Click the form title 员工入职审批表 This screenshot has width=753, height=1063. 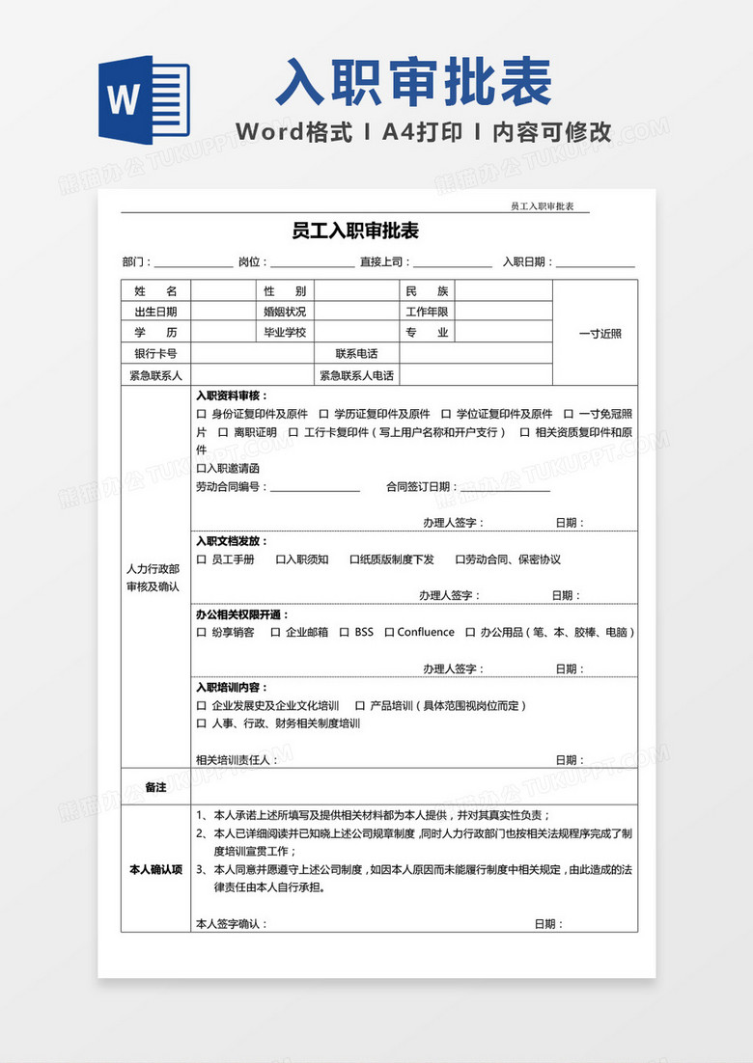click(x=354, y=232)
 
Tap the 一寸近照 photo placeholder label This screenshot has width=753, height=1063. click(x=600, y=334)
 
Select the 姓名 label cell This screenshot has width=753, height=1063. click(x=155, y=290)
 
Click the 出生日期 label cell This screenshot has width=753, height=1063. click(x=155, y=312)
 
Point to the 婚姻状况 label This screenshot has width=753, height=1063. click(x=285, y=312)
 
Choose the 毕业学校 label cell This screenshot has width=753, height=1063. click(x=285, y=333)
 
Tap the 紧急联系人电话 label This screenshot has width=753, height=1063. click(x=356, y=375)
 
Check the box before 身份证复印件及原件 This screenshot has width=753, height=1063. click(x=201, y=415)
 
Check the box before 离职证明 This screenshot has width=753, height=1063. click(x=222, y=433)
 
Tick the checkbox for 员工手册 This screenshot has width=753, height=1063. click(x=201, y=559)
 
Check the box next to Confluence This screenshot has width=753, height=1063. click(x=389, y=633)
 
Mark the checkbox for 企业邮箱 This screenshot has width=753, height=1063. click(x=275, y=633)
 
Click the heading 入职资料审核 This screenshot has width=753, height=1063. click(x=232, y=395)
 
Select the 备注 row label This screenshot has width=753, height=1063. click(x=155, y=787)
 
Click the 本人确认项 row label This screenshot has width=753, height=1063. click(x=155, y=870)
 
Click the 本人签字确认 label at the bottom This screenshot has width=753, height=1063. click(x=232, y=924)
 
